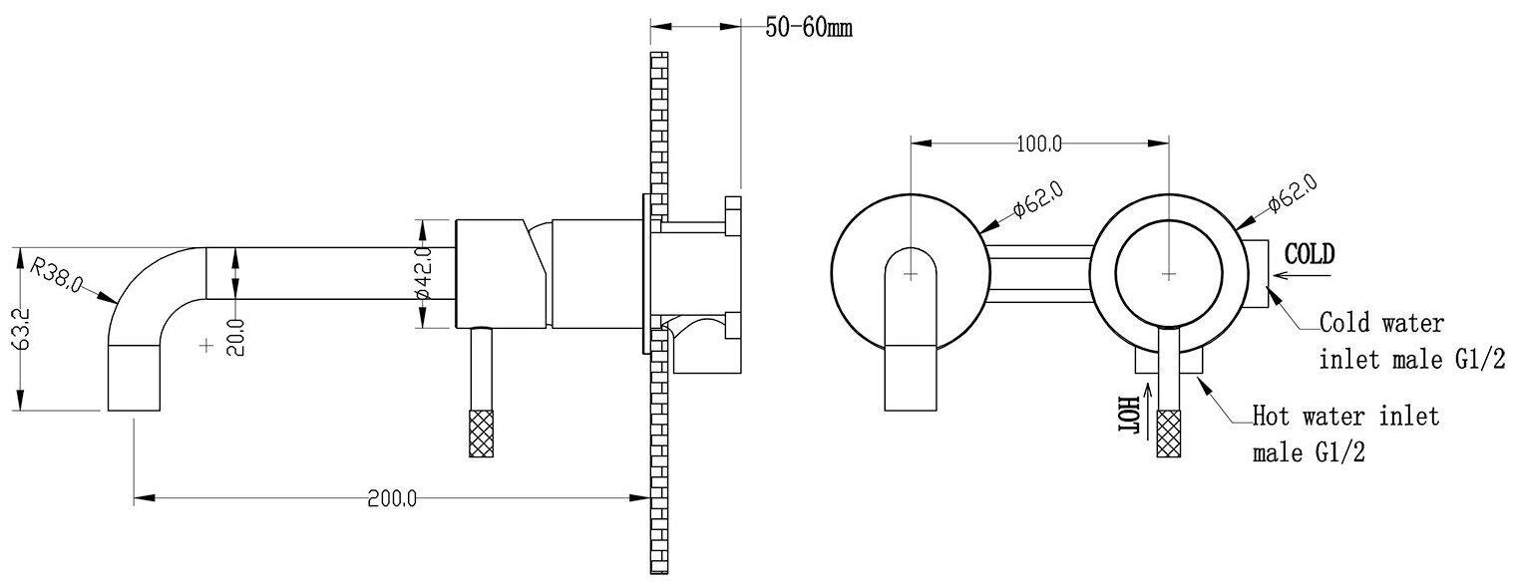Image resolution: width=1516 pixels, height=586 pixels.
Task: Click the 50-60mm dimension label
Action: click(x=809, y=27)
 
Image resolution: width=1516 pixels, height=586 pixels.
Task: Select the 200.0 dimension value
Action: click(x=392, y=497)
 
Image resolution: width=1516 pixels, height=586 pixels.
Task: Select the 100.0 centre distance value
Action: click(x=1037, y=144)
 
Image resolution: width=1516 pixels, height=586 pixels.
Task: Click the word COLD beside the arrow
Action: click(x=1309, y=253)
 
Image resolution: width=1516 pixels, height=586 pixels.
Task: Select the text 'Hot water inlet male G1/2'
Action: click(x=1345, y=435)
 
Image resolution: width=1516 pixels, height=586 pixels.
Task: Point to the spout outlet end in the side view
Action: click(x=134, y=379)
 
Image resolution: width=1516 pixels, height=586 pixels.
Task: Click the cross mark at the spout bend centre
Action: click(x=206, y=346)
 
